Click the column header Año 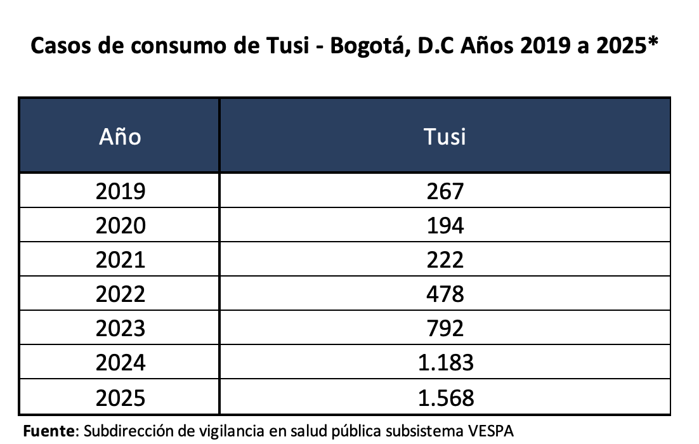click(120, 136)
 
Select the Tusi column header click(445, 136)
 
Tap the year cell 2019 click(120, 191)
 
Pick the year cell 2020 click(120, 225)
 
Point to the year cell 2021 click(120, 259)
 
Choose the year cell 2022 click(120, 294)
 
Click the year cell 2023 click(120, 328)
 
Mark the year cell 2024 click(120, 362)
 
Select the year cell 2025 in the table click(120, 397)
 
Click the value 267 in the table click(445, 191)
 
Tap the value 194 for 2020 click(445, 225)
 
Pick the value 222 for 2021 click(445, 259)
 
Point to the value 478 click(445, 294)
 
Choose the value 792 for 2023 click(445, 328)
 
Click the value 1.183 click(445, 362)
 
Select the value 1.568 click(445, 397)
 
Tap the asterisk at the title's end click(651, 43)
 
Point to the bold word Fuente click(49, 431)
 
